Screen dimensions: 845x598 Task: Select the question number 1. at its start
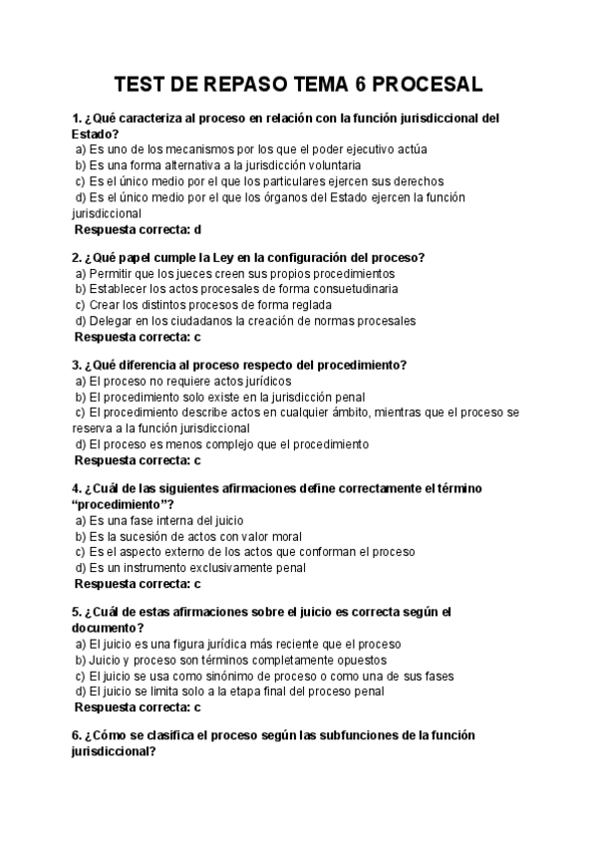point(77,118)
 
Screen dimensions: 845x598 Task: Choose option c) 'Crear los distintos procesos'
point(165,305)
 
